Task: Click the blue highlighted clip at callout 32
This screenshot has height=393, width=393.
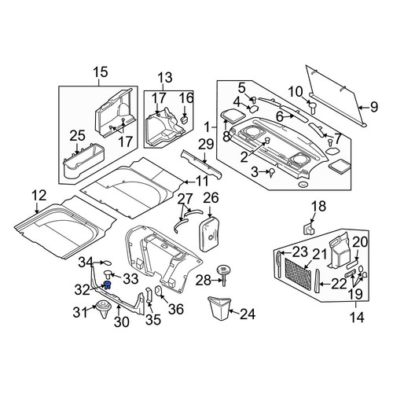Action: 107,285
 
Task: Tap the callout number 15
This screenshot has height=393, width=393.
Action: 101,72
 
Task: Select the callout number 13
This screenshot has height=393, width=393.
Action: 165,78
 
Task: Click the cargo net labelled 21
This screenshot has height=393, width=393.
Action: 298,274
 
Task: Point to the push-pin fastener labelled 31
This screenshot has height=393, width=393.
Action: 104,309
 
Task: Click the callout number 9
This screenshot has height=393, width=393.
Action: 374,107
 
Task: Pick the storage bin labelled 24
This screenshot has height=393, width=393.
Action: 219,308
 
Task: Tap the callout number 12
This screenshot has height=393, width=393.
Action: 39,196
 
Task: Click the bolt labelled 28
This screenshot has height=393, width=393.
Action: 223,275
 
